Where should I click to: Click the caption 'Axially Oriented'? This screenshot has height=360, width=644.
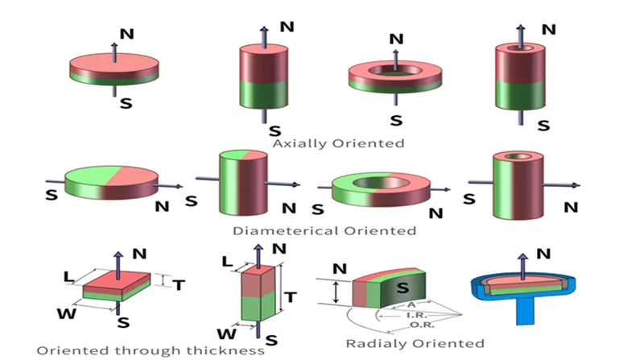337,143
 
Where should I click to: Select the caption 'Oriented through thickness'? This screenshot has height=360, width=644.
151,350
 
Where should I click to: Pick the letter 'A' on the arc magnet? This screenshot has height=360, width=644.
411,304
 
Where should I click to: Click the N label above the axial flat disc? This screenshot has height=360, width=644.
126,33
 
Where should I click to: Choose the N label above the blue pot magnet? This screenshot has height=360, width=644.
543,254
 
